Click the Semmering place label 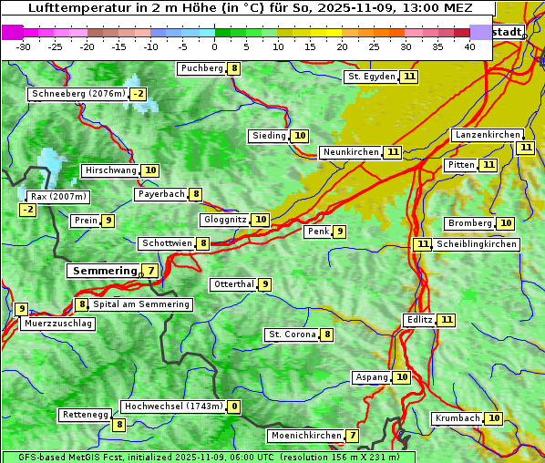(x=102, y=271)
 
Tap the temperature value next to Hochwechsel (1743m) (x=234, y=406)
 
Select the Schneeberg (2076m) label (x=77, y=94)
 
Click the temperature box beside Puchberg (x=234, y=68)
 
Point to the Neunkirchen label (x=350, y=152)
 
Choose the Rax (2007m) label (x=57, y=196)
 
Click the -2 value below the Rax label (x=27, y=210)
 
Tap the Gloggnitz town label (x=223, y=220)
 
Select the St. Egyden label (x=371, y=77)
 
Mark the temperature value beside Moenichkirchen (x=352, y=436)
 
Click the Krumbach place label (x=457, y=418)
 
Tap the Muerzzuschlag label (x=57, y=324)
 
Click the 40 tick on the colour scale (x=469, y=46)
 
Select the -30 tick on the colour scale (x=24, y=46)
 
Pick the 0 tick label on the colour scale (x=215, y=46)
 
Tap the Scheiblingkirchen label (x=477, y=244)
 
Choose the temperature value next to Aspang (x=401, y=377)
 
